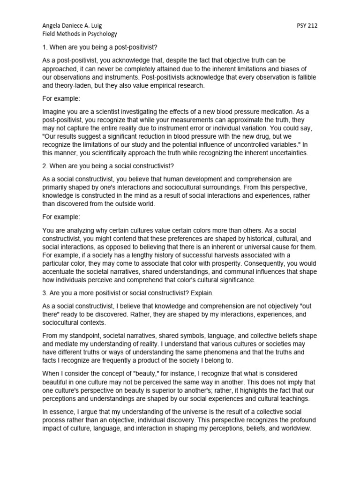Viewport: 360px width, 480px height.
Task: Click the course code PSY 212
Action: pos(307,26)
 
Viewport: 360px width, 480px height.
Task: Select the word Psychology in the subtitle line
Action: pos(101,34)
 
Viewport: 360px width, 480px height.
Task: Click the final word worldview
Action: pos(293,428)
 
